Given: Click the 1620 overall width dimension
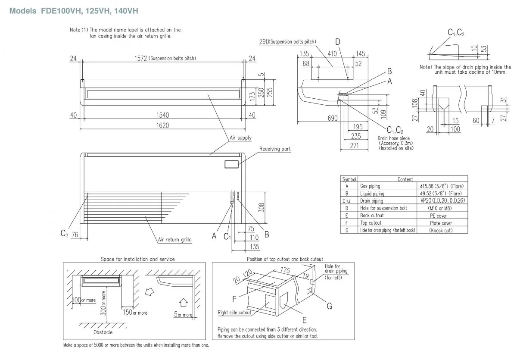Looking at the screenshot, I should [x=162, y=125].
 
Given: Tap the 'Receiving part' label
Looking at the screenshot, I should [x=275, y=149].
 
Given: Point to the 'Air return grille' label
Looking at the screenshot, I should [x=174, y=239].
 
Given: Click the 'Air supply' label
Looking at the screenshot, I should [x=240, y=138].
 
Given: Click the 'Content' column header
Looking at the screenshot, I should [x=405, y=179].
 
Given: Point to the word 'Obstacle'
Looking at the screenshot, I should [x=103, y=332].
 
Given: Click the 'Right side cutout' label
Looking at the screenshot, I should [x=234, y=312].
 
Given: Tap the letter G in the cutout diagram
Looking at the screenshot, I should [x=329, y=306].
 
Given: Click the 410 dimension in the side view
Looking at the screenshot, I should [x=332, y=53].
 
